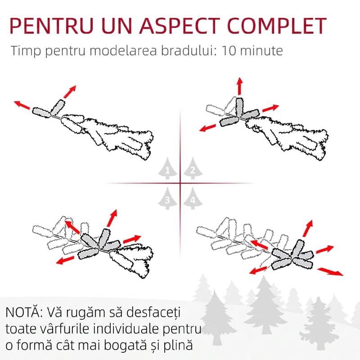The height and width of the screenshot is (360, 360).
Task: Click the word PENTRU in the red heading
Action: [51, 25]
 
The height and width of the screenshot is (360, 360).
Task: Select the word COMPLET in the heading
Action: [277, 25]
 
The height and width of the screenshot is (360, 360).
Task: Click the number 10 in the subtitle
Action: [229, 51]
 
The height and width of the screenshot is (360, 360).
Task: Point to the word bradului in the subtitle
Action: [189, 51]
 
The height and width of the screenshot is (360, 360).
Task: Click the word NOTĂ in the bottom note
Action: [24, 312]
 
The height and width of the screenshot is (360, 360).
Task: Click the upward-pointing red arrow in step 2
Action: [240, 86]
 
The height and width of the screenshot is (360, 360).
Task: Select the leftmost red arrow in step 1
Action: [22, 105]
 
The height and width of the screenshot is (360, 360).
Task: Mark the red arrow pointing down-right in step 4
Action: [330, 271]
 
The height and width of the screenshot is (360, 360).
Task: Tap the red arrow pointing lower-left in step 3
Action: [65, 261]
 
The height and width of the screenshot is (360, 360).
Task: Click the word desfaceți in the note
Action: [153, 312]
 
